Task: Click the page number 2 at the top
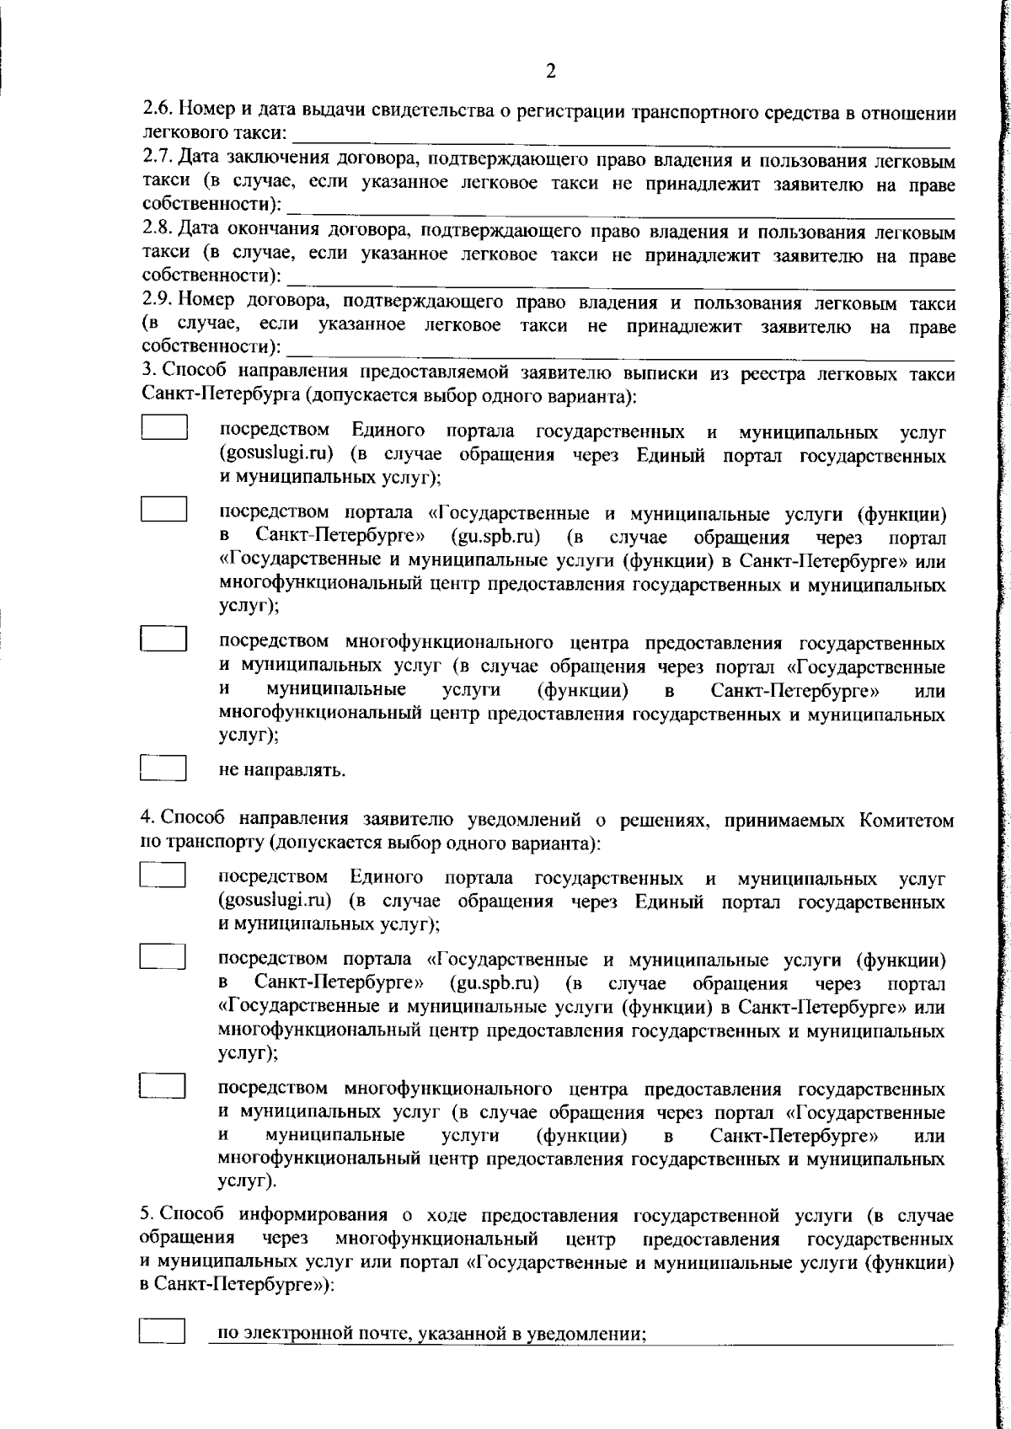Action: click(550, 72)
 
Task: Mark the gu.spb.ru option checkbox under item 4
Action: click(162, 958)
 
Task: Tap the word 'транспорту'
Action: click(214, 842)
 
